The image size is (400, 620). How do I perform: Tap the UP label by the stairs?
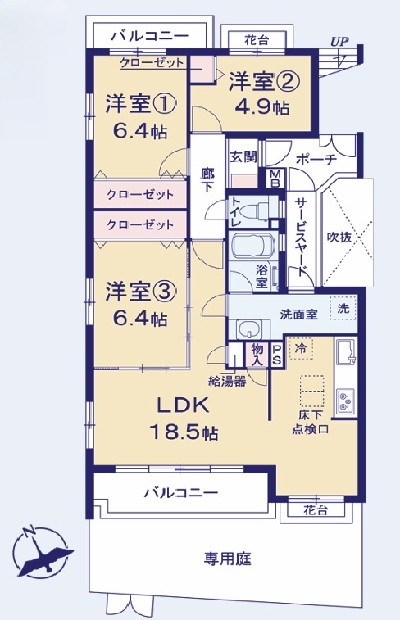pyautogui.click(x=338, y=41)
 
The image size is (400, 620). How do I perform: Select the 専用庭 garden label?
pyautogui.click(x=226, y=559)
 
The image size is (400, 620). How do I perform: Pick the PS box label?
pyautogui.click(x=276, y=353)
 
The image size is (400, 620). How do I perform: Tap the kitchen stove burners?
pyautogui.click(x=344, y=400)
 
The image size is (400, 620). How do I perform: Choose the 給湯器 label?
pyautogui.click(x=228, y=380)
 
